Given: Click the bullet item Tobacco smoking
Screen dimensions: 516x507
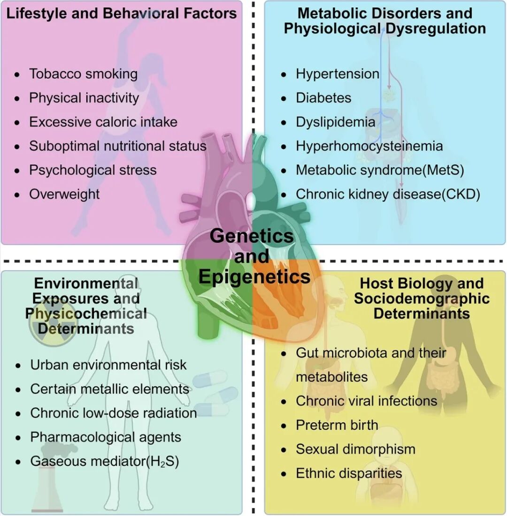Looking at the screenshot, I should click(83, 74).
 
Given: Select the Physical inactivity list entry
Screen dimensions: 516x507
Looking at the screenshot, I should click(84, 98).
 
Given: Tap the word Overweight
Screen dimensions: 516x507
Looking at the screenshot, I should click(64, 194).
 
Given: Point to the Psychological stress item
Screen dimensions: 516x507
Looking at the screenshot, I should click(92, 170).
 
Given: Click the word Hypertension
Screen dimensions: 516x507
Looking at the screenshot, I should click(337, 74).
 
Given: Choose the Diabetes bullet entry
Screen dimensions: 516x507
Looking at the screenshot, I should click(323, 98).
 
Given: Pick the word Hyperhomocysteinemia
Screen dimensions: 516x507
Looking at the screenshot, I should click(369, 146).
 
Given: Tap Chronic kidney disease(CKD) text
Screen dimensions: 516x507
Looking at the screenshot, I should click(388, 194).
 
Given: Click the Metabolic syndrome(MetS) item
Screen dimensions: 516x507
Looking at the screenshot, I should click(379, 170).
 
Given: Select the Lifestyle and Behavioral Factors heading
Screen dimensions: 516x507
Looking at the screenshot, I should click(121, 13).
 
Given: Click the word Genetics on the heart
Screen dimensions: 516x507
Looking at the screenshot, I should click(252, 235).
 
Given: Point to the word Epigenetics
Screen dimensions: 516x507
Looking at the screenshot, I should click(254, 277).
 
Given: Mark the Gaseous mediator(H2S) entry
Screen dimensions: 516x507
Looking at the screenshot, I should click(105, 461).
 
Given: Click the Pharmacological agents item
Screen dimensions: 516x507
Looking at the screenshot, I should click(106, 437).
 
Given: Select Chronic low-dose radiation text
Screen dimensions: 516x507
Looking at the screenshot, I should click(113, 413).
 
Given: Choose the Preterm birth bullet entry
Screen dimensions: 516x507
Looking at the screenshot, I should click(337, 425).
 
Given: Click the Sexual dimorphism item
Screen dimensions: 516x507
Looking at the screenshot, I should click(355, 449).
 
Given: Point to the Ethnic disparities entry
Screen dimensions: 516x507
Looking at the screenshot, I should click(349, 473).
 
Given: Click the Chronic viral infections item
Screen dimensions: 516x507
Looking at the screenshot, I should click(366, 401).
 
